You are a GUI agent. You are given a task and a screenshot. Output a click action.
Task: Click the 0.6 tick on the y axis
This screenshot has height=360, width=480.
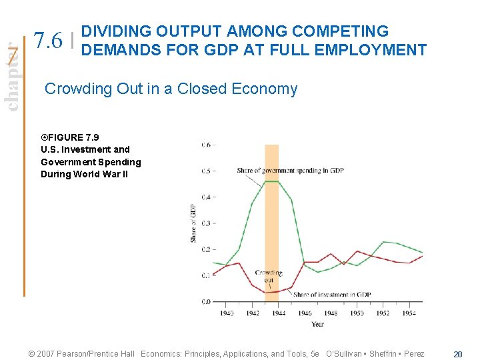207,145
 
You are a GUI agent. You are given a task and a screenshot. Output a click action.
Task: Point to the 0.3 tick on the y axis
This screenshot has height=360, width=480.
207,223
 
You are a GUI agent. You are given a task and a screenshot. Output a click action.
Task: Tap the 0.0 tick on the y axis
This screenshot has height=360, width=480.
207,301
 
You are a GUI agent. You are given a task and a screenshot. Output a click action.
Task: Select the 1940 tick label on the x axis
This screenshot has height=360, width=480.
227,313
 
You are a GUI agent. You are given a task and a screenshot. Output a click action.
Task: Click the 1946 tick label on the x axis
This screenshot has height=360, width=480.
305,313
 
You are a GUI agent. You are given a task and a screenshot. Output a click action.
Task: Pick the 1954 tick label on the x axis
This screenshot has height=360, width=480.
409,313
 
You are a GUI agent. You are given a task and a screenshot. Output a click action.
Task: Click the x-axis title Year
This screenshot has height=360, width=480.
317,324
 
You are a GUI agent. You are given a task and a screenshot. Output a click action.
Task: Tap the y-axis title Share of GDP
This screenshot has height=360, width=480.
194,223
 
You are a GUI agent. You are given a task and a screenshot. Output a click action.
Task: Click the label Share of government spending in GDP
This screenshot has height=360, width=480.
290,171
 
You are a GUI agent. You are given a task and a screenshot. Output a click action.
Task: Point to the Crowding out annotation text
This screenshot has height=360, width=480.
268,276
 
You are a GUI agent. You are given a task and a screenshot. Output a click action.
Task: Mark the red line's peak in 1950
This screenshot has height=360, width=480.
357,251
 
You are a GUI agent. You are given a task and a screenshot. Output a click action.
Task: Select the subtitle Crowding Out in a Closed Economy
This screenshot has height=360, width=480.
171,89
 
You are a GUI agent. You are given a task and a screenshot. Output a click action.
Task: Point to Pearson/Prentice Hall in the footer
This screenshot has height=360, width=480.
93,353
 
